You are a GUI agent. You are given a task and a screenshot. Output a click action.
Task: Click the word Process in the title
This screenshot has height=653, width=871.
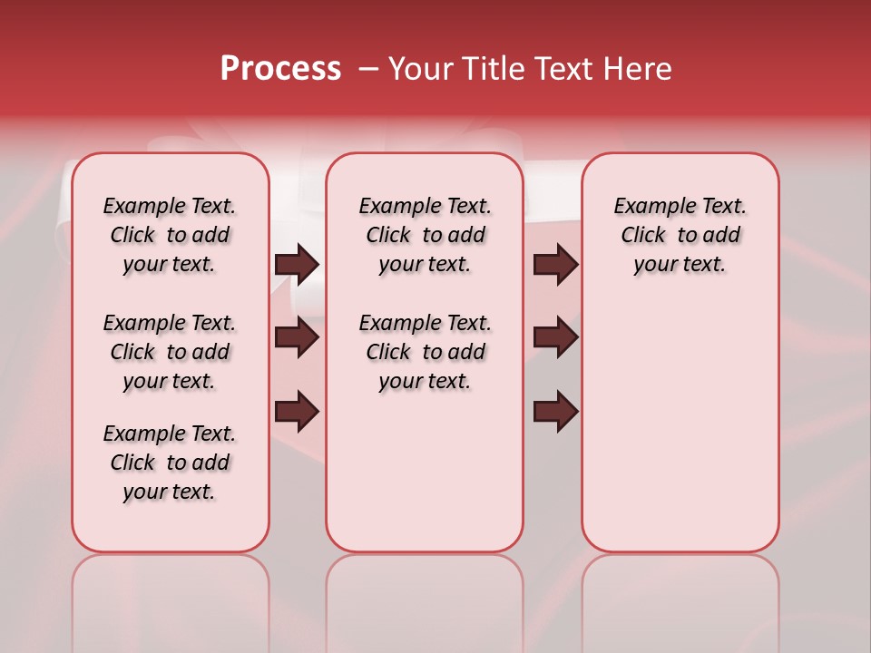(280, 69)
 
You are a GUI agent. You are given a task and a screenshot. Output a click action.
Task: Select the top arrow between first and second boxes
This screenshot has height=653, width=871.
(297, 264)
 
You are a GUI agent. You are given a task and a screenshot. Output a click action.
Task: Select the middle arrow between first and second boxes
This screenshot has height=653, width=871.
(297, 337)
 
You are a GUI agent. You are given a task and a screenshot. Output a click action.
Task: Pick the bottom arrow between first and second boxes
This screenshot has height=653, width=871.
(297, 412)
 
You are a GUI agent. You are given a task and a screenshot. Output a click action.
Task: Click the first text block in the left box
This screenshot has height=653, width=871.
(170, 235)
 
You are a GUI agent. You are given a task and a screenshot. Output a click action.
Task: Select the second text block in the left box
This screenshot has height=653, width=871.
(170, 352)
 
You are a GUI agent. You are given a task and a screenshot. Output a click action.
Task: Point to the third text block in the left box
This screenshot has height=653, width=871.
(170, 463)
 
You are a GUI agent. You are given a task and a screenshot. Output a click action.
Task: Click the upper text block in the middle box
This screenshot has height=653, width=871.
(426, 235)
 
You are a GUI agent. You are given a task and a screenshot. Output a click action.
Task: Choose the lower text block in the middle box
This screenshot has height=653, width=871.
(426, 352)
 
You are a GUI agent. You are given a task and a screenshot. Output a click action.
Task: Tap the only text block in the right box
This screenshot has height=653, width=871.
(680, 235)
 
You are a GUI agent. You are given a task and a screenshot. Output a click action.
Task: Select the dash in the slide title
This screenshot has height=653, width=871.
(368, 69)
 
